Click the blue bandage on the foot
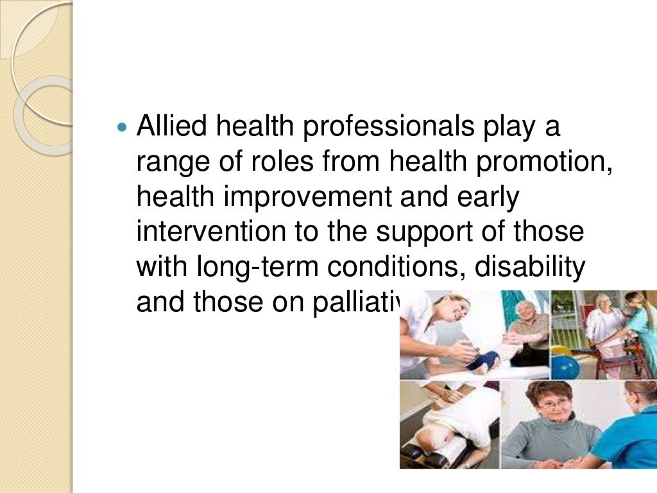pyautogui.click(x=482, y=360)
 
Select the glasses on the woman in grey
pyautogui.click(x=554, y=404)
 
